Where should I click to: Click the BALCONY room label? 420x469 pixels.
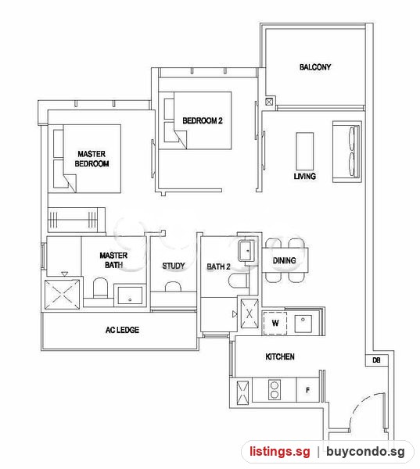tap(315, 66)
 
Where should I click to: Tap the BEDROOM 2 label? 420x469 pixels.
tap(203, 120)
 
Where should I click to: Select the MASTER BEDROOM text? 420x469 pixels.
tap(92, 159)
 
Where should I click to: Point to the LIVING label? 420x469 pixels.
tap(305, 176)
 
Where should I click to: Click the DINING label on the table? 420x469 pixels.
tap(284, 260)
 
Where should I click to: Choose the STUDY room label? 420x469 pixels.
tap(174, 266)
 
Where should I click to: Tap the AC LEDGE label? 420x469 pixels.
tap(122, 330)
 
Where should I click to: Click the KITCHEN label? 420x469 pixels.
tap(280, 356)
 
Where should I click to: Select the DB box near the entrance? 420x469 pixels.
tap(377, 360)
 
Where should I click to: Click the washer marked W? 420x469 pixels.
tap(275, 323)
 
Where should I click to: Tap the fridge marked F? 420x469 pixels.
tap(307, 390)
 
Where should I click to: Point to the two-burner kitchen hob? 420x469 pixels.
tap(275, 390)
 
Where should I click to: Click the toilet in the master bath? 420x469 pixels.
tap(100, 288)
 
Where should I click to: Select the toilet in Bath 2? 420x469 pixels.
tap(239, 281)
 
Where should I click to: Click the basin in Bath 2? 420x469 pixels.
tap(246, 251)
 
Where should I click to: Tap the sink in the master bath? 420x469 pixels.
tap(130, 295)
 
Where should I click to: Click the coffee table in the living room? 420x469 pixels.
tap(305, 152)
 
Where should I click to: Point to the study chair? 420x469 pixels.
tap(174, 286)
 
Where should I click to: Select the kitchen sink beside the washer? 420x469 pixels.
tap(303, 324)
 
